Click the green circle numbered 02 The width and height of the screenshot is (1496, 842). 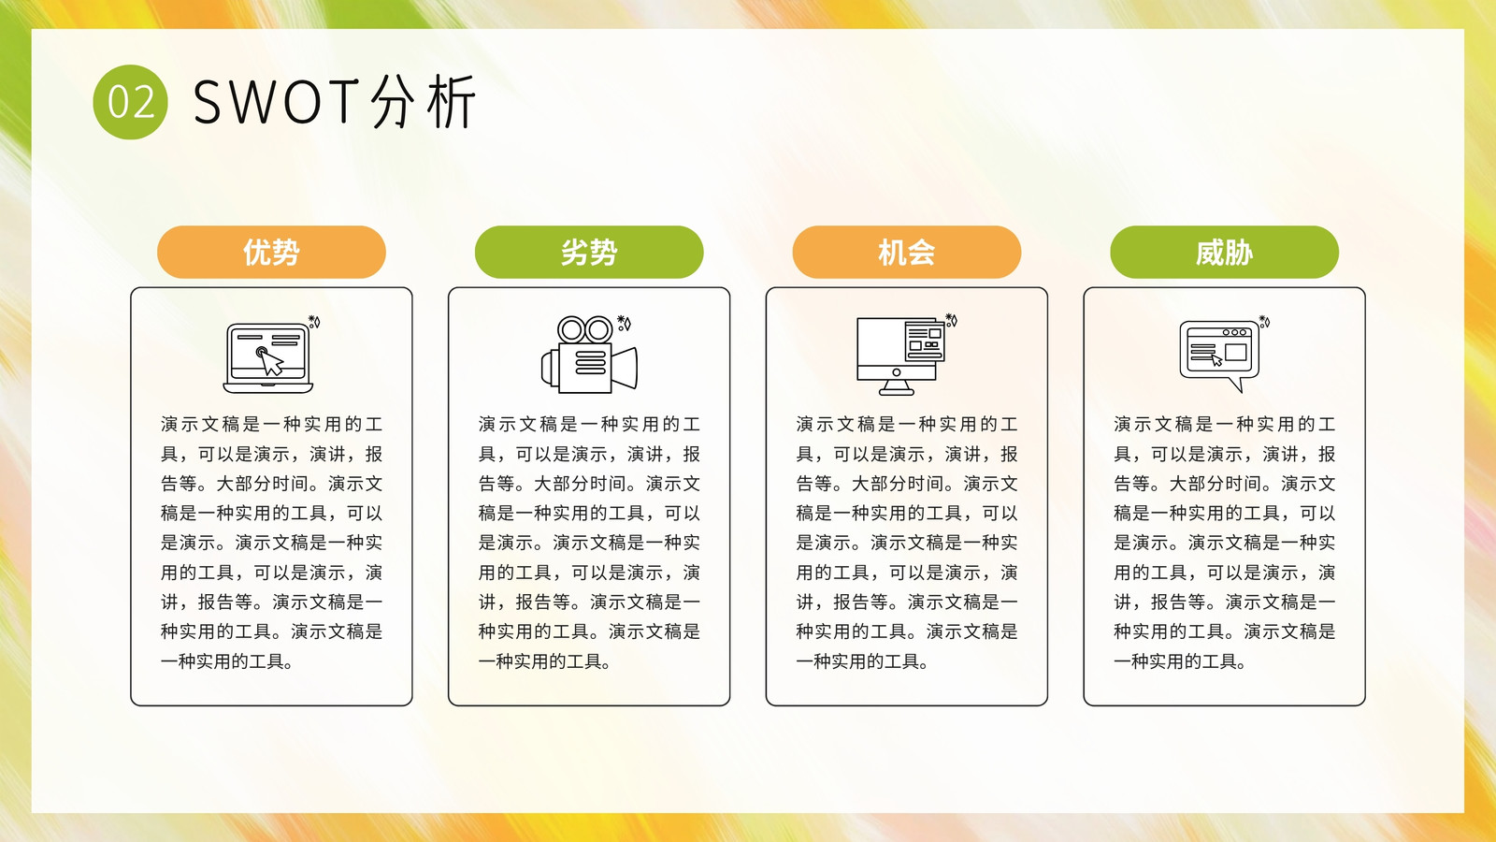tap(130, 102)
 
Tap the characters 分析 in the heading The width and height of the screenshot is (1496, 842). tap(423, 102)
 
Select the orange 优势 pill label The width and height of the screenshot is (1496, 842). tap(271, 252)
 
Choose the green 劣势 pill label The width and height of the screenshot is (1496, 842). tap(589, 252)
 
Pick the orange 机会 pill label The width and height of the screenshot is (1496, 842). tap(907, 252)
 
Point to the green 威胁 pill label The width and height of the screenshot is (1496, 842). tap(1224, 252)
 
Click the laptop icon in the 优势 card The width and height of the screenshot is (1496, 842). tap(267, 358)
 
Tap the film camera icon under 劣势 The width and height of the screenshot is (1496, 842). tap(589, 355)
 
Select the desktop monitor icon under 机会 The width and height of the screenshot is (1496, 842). tap(901, 356)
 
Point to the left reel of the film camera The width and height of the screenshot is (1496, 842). tap(571, 329)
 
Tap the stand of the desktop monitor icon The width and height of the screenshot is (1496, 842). tap(897, 387)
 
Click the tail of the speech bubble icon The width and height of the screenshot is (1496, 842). tap(1235, 385)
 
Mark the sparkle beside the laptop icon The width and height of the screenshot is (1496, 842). tap(314, 322)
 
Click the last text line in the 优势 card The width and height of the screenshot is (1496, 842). tap(227, 661)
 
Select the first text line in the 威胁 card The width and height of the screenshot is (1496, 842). tap(1224, 425)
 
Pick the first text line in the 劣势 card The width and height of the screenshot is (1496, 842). tap(589, 425)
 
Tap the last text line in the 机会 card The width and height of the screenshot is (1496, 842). tap(862, 661)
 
